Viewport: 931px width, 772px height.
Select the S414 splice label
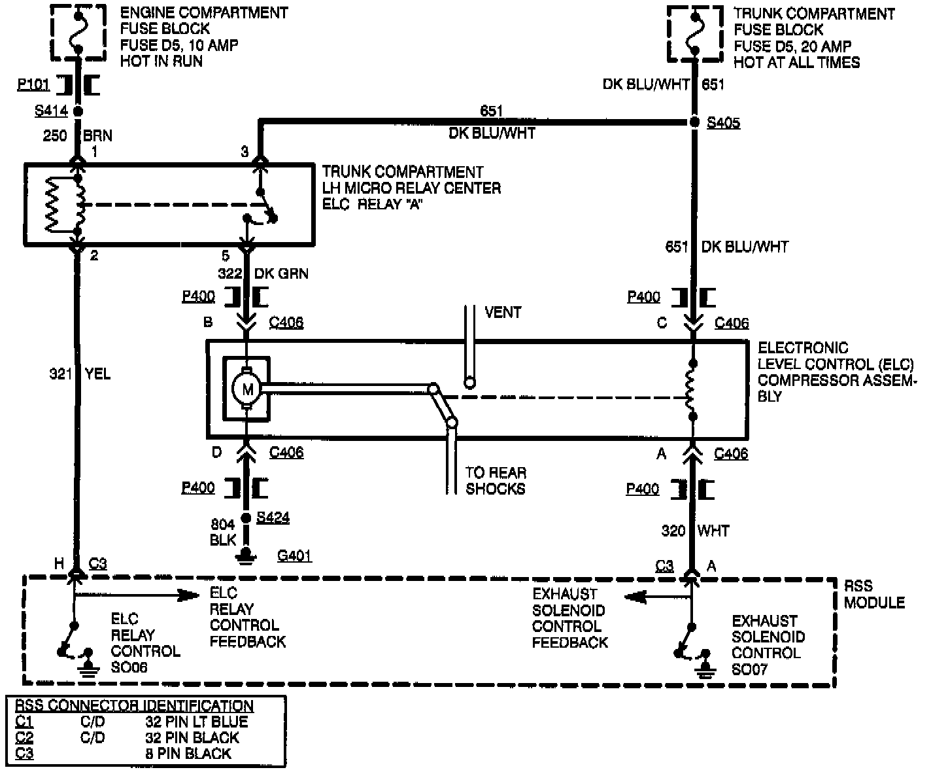click(50, 111)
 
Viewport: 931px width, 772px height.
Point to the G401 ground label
click(294, 556)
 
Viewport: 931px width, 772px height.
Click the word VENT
click(503, 312)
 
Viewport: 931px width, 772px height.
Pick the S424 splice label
click(273, 518)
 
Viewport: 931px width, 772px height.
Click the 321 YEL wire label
click(80, 374)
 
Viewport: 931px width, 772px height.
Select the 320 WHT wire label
click(695, 531)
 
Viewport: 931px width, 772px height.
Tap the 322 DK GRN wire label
click(263, 273)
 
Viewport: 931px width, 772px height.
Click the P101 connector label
click(33, 85)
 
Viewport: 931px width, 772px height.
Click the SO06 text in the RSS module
click(129, 667)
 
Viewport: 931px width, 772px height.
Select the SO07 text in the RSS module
click(749, 669)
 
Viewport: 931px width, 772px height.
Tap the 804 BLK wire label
click(223, 532)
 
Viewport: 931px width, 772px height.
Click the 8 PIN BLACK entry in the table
click(188, 753)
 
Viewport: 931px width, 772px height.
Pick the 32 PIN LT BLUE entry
click(196, 722)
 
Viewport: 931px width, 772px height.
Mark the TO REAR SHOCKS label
click(496, 480)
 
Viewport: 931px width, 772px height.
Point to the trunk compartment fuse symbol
click(694, 31)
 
